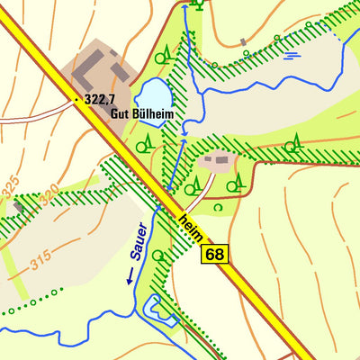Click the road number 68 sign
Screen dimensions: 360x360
tap(215, 255)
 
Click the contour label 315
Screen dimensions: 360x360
tap(40, 262)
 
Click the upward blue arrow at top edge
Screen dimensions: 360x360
tap(184, 7)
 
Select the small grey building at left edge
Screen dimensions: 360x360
tap(18, 207)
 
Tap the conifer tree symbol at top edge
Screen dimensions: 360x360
tap(198, 4)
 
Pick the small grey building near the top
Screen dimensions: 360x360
tap(243, 41)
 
